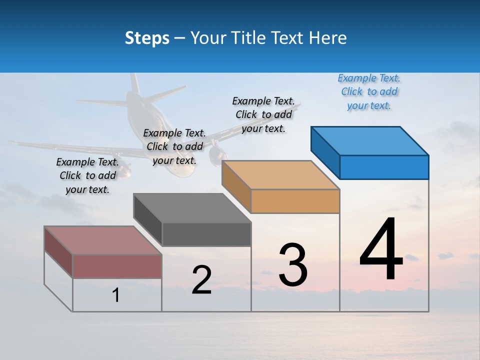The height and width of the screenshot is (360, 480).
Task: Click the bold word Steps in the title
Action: tap(147, 38)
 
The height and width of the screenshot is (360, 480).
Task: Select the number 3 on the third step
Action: tap(293, 264)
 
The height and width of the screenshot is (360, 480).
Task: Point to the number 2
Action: tap(201, 280)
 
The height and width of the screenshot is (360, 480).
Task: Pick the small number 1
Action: tap(116, 295)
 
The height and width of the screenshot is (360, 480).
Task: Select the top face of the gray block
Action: tap(192, 208)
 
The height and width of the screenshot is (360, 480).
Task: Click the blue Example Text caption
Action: tap(369, 92)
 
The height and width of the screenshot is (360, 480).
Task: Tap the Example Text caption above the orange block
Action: tap(263, 114)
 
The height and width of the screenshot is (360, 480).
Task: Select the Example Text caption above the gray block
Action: tap(174, 146)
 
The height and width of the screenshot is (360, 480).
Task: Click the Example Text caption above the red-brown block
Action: tap(87, 175)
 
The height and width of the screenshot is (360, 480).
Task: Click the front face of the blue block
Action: tap(384, 167)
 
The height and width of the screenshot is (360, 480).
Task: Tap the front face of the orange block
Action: tap(295, 201)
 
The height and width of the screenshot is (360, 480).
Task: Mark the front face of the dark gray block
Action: tap(206, 234)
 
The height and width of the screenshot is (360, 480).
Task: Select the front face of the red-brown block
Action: tap(117, 266)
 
